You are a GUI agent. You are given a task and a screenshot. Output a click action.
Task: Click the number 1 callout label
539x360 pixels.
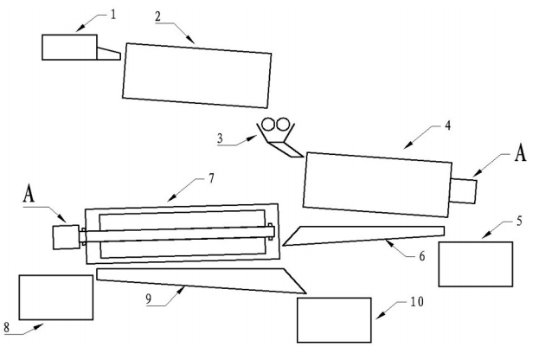tap(113, 15)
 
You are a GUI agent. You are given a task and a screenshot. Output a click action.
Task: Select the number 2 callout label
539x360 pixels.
tap(157, 16)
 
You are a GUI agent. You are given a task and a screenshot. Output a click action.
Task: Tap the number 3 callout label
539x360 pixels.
tap(220, 138)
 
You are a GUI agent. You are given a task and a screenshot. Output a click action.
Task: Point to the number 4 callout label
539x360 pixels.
tap(447, 125)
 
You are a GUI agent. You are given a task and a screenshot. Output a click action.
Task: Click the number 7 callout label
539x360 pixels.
tap(211, 178)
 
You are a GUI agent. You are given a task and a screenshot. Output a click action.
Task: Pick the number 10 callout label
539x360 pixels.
tap(417, 302)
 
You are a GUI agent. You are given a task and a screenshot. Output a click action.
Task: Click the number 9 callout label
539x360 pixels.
tap(148, 299)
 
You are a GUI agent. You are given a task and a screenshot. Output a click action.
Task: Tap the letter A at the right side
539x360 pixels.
tap(521, 152)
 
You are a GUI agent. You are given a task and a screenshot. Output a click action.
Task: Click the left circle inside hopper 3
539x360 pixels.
tap(268, 124)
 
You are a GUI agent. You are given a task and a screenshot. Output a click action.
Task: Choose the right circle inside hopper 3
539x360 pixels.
tap(283, 125)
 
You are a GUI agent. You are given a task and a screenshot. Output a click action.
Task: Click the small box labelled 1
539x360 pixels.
tap(69, 48)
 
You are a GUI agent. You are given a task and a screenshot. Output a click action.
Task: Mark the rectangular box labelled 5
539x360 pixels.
tap(476, 264)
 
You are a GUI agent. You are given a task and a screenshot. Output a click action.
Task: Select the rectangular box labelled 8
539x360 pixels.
tap(56, 298)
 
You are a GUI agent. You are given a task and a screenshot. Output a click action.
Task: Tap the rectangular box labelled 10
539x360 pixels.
tap(334, 320)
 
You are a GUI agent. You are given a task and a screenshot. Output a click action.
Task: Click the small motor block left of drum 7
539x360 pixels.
tap(66, 237)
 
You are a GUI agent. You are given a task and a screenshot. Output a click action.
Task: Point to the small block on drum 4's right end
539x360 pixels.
tap(463, 190)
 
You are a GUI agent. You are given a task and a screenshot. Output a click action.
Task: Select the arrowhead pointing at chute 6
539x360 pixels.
tap(390, 243)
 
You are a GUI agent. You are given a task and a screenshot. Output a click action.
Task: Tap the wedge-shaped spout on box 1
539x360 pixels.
tap(109, 55)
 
